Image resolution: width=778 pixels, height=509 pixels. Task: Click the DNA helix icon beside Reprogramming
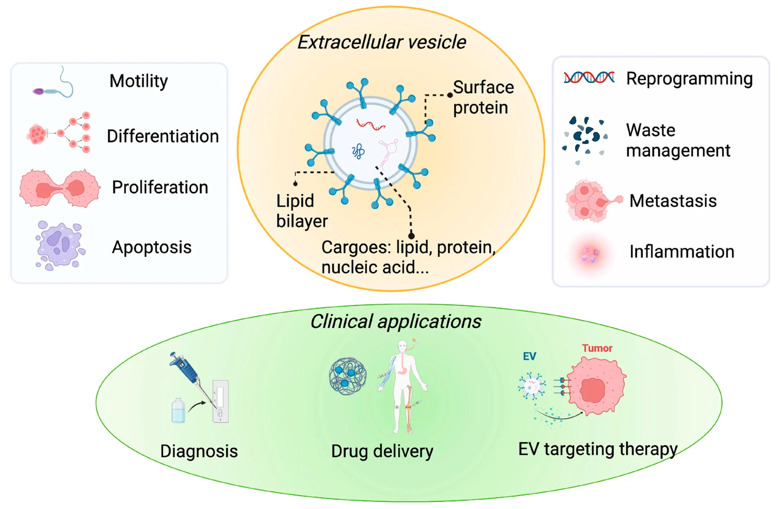click(589, 78)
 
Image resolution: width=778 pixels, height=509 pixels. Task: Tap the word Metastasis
click(673, 201)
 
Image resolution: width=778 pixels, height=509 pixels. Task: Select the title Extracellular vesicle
click(382, 42)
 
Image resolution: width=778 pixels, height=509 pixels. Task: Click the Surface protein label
click(483, 98)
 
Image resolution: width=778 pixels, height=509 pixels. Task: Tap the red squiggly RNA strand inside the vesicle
click(371, 125)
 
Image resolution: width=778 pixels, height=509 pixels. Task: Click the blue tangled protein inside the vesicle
click(358, 151)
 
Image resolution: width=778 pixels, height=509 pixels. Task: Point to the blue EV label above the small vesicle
click(529, 356)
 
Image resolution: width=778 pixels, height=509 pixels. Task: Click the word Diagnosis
click(199, 451)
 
